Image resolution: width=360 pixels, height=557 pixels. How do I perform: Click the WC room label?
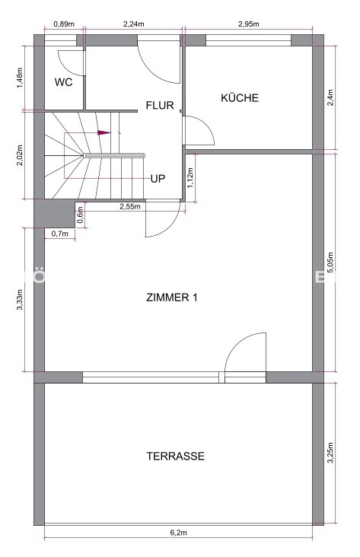pyautogui.click(x=63, y=82)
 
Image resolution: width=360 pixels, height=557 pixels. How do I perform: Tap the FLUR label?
pyautogui.click(x=160, y=105)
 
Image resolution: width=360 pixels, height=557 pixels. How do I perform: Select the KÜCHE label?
pyautogui.click(x=240, y=97)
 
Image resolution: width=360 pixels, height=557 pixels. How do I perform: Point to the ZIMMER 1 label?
pyautogui.click(x=172, y=297)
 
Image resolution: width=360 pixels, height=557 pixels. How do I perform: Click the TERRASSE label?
pyautogui.click(x=176, y=456)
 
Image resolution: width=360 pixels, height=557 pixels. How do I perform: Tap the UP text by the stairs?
pyautogui.click(x=158, y=178)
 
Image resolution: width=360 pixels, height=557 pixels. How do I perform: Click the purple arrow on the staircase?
pyautogui.click(x=104, y=132)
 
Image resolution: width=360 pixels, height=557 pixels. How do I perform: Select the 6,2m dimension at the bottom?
pyautogui.click(x=178, y=533)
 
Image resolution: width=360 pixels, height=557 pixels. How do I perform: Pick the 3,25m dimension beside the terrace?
pyautogui.click(x=330, y=453)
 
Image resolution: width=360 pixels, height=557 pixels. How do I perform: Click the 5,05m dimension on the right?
pyautogui.click(x=330, y=263)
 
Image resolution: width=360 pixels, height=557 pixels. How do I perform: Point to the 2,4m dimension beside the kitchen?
pyautogui.click(x=330, y=98)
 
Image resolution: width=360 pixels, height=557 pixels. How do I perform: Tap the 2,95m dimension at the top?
pyautogui.click(x=248, y=24)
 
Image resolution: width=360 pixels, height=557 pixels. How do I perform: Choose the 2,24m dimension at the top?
pyautogui.click(x=134, y=24)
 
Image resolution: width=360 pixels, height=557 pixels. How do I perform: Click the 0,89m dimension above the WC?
pyautogui.click(x=64, y=24)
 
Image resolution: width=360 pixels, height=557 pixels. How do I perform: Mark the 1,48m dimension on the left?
pyautogui.click(x=20, y=78)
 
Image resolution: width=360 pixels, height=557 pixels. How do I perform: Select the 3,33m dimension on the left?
pyautogui.click(x=20, y=300)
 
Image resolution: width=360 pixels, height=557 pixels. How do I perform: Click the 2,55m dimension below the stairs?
pyautogui.click(x=129, y=206)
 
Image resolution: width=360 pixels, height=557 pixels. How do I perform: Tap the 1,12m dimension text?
pyautogui.click(x=190, y=177)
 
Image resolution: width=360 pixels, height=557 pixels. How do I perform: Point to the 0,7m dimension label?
pyautogui.click(x=59, y=234)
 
